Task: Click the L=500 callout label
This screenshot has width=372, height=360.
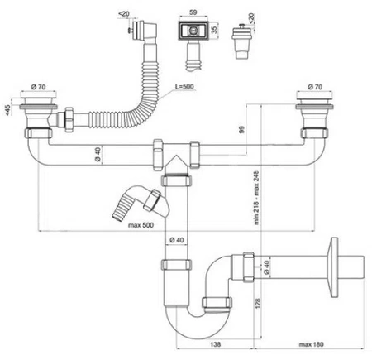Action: point(184,86)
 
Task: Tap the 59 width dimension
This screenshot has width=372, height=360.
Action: point(193,12)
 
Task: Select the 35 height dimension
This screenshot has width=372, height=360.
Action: point(214,28)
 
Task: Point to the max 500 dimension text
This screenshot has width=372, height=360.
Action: point(141,225)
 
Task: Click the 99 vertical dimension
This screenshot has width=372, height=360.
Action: point(241,130)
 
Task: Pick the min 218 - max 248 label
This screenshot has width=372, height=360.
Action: point(256,198)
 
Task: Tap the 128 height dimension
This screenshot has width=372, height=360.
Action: point(258,303)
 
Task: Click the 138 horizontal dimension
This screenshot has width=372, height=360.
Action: point(215,344)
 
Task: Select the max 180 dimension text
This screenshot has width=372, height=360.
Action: point(312,344)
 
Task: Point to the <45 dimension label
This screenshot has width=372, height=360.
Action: point(7,110)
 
